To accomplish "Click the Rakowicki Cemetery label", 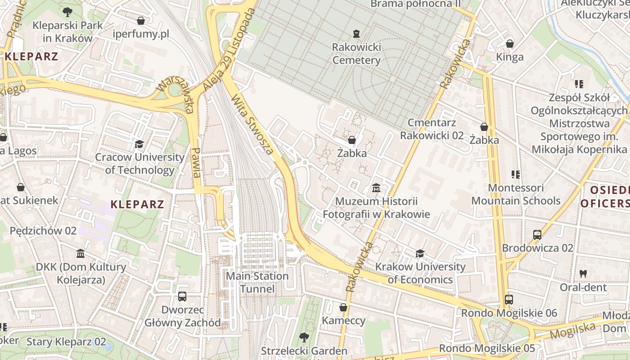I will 356,54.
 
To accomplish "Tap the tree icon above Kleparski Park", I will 67,12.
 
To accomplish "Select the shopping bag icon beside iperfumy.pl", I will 141,21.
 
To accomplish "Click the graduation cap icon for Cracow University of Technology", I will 139,144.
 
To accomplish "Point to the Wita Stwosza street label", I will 252,124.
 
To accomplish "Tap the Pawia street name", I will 196,162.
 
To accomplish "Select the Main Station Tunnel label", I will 257,282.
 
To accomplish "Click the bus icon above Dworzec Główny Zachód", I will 182,297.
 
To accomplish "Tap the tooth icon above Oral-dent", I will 583,273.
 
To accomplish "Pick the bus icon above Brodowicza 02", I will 537,234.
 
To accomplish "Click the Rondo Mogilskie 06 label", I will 509,313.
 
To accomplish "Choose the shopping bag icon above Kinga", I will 510,44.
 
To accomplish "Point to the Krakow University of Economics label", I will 420,273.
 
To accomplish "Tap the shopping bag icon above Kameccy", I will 343,307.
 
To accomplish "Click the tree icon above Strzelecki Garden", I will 304,337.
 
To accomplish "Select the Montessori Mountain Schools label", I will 516,194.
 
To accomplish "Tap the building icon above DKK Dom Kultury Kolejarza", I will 81,254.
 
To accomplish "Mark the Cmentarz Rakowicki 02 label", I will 432,129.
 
